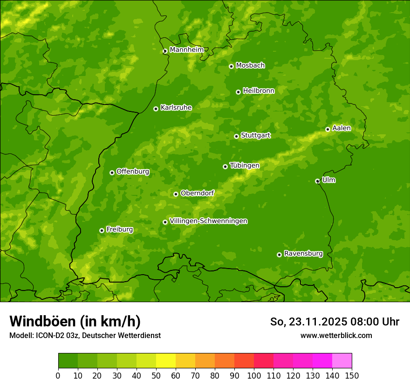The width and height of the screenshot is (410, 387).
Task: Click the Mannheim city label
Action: coord(186,49)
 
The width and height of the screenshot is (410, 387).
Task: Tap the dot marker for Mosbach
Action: coord(231,66)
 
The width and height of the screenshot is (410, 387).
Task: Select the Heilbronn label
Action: coord(259,91)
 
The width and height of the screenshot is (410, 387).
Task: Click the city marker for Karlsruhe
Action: coord(156,109)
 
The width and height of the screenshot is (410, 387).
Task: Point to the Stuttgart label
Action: coord(255,135)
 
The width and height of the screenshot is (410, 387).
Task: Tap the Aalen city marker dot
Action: coord(328,129)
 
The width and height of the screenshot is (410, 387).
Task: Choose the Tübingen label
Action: coord(244,166)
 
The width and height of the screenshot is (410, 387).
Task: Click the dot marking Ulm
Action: coord(317,181)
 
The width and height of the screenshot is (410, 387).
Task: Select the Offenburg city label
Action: coord(132,172)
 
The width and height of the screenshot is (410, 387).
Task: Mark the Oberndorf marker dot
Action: coord(176,194)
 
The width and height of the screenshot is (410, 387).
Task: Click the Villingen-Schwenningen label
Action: coord(208,221)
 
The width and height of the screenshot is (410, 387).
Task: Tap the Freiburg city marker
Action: coord(102,230)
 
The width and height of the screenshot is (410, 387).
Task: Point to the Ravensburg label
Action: coord(303,254)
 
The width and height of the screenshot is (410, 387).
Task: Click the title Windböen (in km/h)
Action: coord(75,321)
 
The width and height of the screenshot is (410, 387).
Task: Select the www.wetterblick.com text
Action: coord(336,335)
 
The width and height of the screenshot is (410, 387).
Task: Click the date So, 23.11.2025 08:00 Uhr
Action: coord(335,322)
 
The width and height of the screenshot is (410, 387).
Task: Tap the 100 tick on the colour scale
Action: coord(254,375)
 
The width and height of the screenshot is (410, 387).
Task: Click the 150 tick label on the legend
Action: coord(352,375)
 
